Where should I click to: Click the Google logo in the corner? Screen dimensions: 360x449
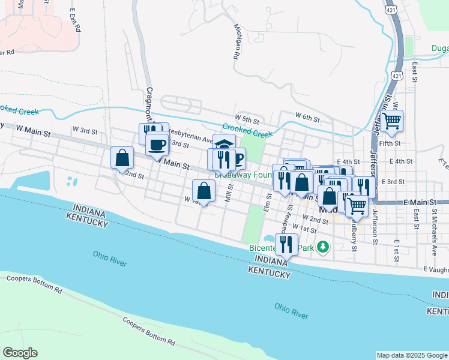20,353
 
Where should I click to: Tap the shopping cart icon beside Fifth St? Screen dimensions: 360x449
392,121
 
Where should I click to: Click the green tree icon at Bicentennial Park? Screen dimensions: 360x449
324,247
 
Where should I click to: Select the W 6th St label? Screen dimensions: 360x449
307,116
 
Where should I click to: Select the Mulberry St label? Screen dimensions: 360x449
353,236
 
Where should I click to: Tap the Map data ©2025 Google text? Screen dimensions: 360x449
412,355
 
